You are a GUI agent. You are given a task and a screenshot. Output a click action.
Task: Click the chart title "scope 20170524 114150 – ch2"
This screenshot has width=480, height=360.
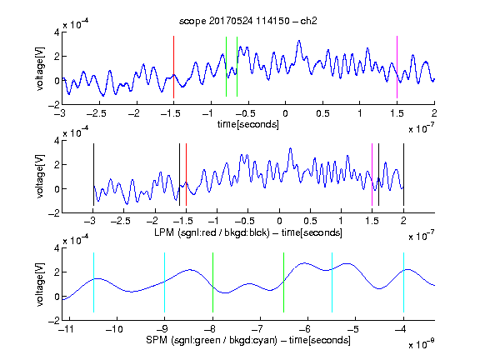click(248, 21)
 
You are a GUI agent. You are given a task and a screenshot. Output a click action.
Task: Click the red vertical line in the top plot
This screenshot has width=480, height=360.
click(173, 67)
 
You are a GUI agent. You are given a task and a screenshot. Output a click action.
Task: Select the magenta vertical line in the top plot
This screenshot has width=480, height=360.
click(397, 67)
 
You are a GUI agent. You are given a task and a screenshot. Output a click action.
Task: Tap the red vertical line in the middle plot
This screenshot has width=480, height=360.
click(186, 174)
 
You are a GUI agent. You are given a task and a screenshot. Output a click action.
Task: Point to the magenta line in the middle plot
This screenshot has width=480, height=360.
click(372, 174)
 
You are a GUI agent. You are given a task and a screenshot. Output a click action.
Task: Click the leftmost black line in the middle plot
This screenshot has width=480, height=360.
click(93, 174)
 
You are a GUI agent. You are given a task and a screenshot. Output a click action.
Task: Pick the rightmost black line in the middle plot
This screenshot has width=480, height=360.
click(403, 174)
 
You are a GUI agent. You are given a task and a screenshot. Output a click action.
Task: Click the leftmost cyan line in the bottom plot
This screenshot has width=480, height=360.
click(93, 282)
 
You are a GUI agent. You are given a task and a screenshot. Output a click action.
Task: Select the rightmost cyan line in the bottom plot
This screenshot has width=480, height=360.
click(403, 282)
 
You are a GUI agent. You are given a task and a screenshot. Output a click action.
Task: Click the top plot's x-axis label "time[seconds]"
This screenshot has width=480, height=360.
click(248, 124)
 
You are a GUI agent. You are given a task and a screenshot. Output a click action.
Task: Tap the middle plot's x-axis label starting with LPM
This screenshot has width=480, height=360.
click(248, 232)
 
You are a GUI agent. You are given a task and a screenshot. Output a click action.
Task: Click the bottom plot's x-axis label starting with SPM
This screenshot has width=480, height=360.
click(248, 340)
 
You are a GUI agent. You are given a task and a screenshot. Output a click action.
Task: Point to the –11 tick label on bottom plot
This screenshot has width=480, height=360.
click(66, 329)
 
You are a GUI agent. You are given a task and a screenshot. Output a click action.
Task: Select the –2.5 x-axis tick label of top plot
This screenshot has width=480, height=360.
click(96, 113)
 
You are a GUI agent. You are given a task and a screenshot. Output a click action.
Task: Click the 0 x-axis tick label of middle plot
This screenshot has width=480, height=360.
click(279, 221)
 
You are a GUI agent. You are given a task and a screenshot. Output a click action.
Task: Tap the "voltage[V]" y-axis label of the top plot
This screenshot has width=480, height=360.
click(40, 68)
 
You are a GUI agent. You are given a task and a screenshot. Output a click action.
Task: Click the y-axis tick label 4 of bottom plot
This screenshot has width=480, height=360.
click(57, 248)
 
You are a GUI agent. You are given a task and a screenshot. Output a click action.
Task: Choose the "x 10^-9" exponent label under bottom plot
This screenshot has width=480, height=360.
click(421, 344)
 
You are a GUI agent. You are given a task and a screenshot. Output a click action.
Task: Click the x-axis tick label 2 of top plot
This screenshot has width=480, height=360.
click(434, 113)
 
